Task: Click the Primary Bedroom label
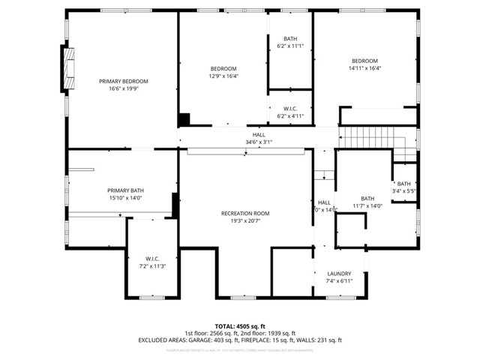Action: (124, 81)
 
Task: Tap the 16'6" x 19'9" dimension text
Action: (124, 88)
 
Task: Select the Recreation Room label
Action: (245, 214)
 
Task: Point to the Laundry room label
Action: (339, 274)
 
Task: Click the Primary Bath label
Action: (125, 190)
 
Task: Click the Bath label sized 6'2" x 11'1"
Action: (289, 39)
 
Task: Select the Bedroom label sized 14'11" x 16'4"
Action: (364, 61)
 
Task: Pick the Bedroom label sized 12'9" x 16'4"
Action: (223, 68)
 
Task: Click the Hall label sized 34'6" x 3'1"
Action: (258, 134)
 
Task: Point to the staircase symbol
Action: (367, 139)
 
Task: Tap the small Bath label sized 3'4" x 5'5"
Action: (403, 184)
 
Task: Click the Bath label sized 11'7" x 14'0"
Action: (367, 199)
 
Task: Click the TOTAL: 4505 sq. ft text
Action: (239, 325)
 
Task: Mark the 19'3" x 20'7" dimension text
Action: (245, 221)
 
